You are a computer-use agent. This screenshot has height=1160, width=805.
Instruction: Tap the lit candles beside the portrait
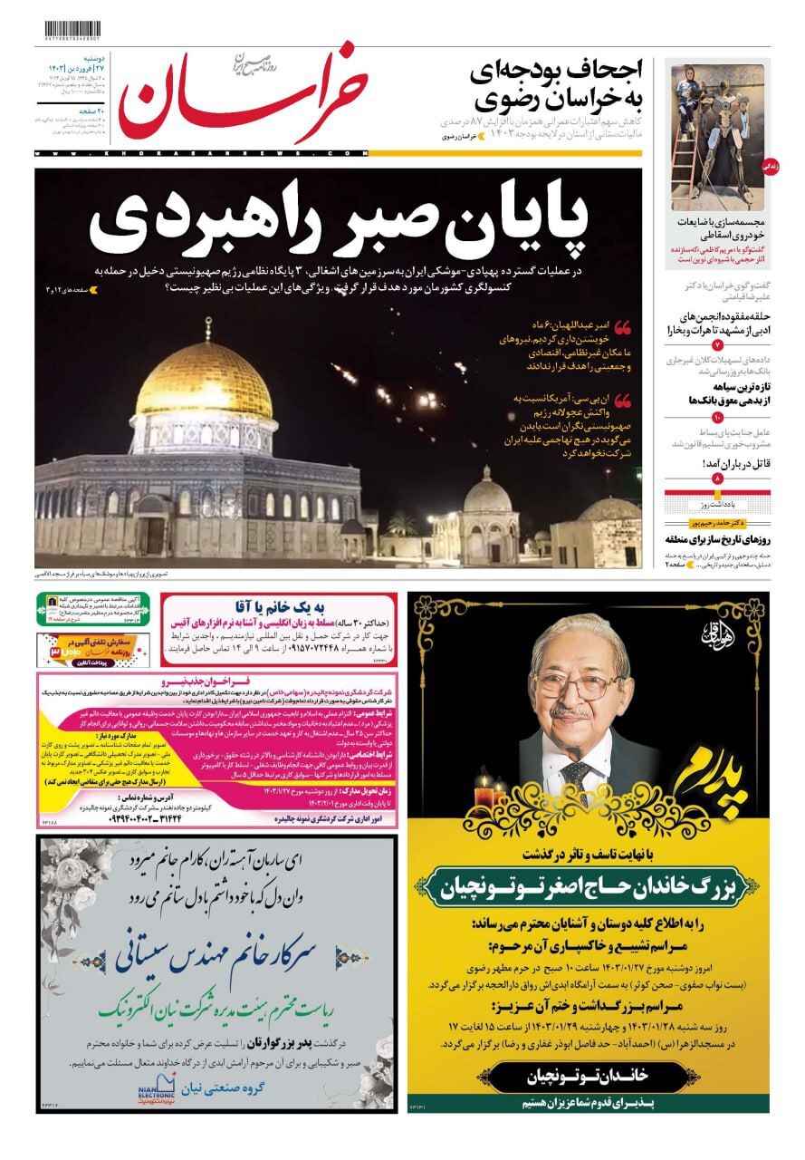[x=490, y=792]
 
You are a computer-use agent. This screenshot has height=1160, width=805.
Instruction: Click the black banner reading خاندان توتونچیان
[x=588, y=1075]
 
